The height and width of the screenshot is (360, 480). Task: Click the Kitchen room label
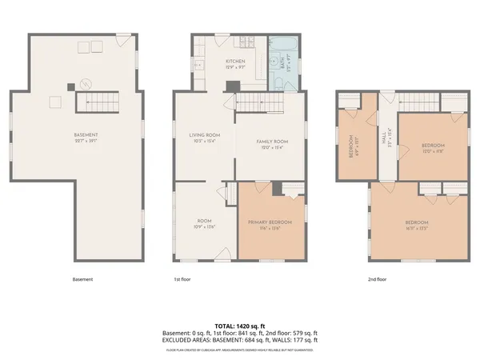pyautogui.click(x=234, y=64)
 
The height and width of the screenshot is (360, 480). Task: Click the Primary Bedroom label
pyautogui.click(x=270, y=224)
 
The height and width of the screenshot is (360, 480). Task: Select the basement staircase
pyautogui.click(x=96, y=101)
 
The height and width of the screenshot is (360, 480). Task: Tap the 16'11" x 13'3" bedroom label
pyautogui.click(x=416, y=224)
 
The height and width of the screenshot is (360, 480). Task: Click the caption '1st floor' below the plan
pyautogui.click(x=183, y=279)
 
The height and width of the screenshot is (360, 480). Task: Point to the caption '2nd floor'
pyautogui.click(x=377, y=279)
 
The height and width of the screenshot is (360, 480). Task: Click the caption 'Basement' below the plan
pyautogui.click(x=82, y=279)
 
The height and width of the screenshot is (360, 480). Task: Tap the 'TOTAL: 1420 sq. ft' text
pyautogui.click(x=240, y=326)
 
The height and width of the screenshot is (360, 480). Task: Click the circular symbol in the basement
pyautogui.click(x=85, y=82)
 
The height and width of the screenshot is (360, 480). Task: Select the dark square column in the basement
pyautogui.click(x=71, y=86)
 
